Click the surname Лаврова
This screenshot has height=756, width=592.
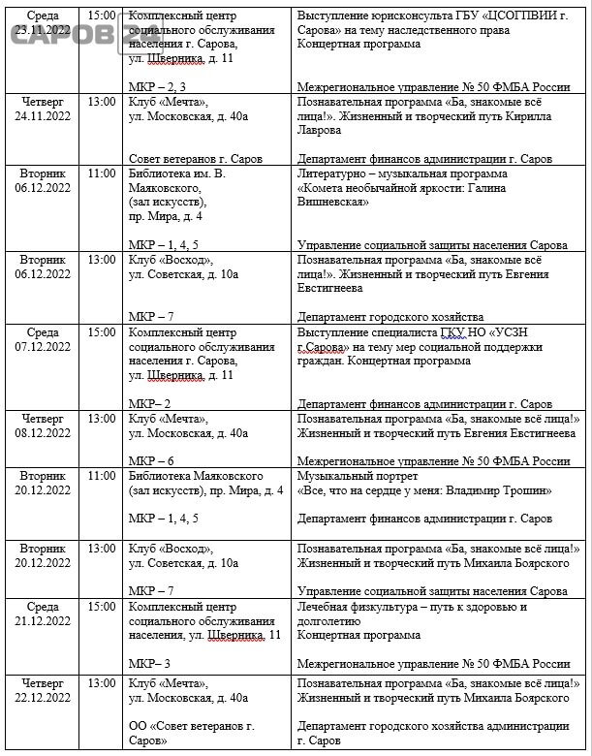[324, 129]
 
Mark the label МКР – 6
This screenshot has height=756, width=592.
[151, 461]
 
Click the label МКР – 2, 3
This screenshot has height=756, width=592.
[156, 87]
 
